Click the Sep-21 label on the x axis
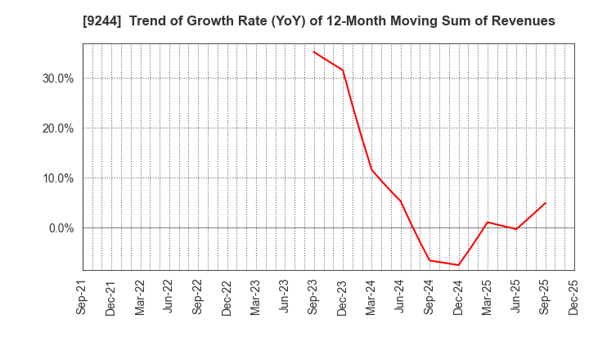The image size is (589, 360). pos(82,297)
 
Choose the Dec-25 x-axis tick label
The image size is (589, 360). pos(574,297)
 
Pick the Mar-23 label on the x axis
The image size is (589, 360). pos(256,297)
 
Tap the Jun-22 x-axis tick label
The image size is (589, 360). pos(169,297)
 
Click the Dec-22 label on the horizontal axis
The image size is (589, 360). pos(227,297)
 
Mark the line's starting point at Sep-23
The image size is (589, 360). pos(314,52)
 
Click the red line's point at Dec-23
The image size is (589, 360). pos(343,70)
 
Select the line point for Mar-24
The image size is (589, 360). pos(371,169)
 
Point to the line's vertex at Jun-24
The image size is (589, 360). pos(401,201)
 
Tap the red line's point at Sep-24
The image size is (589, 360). pos(429,260)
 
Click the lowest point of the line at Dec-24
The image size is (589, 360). pos(458,265)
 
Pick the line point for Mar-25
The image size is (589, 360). pos(488,222)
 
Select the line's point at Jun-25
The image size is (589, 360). pos(516,229)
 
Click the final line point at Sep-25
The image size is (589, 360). pos(546,203)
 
